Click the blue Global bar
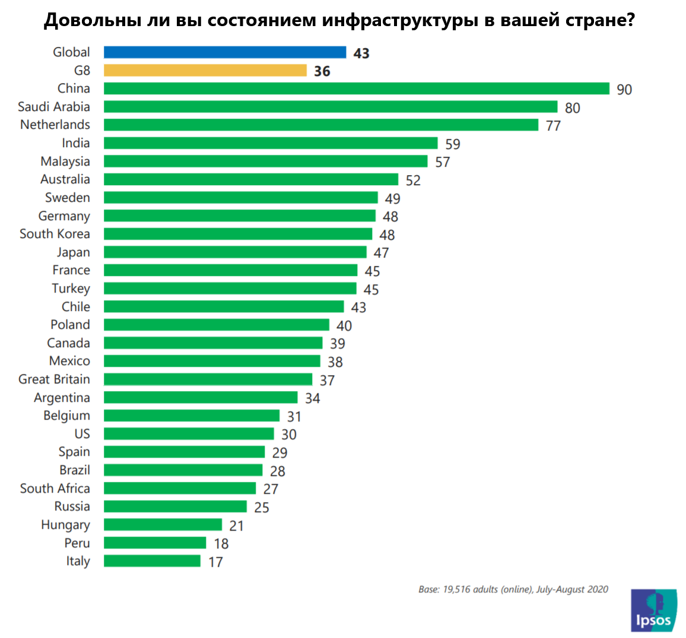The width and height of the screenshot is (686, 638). point(225,52)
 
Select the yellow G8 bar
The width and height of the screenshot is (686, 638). point(205,71)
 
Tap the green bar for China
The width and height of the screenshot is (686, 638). point(356,88)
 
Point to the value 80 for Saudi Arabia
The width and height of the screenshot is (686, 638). point(572,107)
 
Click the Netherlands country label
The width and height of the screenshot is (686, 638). point(55,125)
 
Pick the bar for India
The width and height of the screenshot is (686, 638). point(271,143)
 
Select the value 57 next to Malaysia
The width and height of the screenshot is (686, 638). point(442,162)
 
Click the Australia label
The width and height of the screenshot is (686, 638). point(65,179)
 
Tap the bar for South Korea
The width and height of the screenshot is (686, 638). point(238,234)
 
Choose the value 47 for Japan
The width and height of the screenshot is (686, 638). point(381,253)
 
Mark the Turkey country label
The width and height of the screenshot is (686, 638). point(71,288)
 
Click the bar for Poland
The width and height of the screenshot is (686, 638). point(217,325)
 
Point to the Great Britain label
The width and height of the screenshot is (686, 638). point(54,379)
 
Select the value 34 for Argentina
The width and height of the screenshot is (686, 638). point(312,398)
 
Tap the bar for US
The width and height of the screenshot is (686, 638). point(189,434)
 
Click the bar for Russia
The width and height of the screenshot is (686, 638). point(175,506)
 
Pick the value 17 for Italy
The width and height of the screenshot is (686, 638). point(215,561)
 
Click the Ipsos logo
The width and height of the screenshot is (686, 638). point(653,610)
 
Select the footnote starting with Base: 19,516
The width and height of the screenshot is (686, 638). point(513,589)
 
